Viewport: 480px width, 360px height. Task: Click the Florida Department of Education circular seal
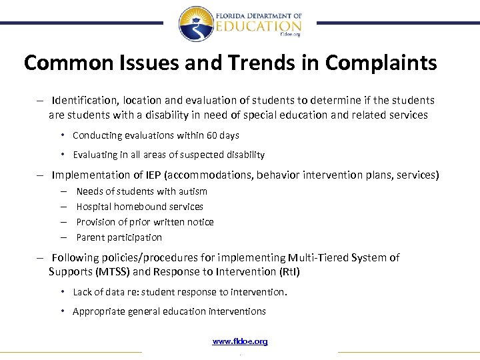pyautogui.click(x=196, y=24)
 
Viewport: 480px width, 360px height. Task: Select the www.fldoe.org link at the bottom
pyautogui.click(x=240, y=341)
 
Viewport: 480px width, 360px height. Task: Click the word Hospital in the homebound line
pyautogui.click(x=93, y=207)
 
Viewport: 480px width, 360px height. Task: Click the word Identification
pyautogui.click(x=83, y=100)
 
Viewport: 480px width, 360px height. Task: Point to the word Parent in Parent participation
pyautogui.click(x=91, y=237)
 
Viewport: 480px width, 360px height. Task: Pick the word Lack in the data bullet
pyautogui.click(x=83, y=292)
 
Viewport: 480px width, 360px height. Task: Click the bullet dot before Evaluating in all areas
pyautogui.click(x=62, y=154)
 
